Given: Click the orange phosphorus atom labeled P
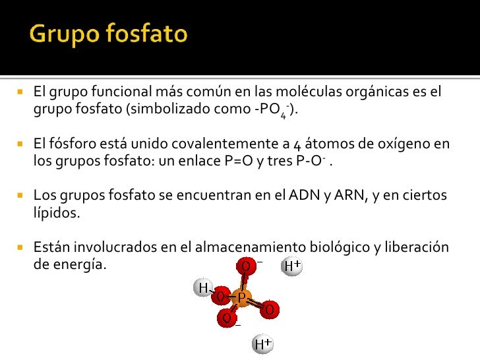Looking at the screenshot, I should coord(241,299).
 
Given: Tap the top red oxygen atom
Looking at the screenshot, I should coord(245,266).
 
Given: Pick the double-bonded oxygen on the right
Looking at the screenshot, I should coord(270,309).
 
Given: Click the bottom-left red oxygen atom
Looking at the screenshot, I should coord(226,318).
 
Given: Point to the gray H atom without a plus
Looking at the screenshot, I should coord(203,287).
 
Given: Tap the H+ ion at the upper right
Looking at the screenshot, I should coord(291,266).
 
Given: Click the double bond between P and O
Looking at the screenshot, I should coord(256,304).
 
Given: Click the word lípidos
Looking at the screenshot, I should coord(56,213).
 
